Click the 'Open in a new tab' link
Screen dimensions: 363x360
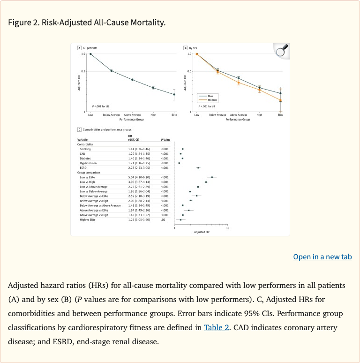[x=322, y=257]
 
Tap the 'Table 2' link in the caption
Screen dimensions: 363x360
[x=216, y=327]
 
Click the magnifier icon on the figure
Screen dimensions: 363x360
[x=281, y=51]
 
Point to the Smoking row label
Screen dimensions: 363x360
[x=85, y=149]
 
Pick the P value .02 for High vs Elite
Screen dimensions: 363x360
[x=163, y=219]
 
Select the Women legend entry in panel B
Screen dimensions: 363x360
[x=212, y=100]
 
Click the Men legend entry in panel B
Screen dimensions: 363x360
[x=210, y=96]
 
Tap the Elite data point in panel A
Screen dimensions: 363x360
[x=174, y=94]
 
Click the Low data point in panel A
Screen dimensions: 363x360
[x=90, y=54]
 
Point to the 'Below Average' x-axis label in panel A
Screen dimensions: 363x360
[x=112, y=115]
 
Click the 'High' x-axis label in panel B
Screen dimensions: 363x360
[x=259, y=115]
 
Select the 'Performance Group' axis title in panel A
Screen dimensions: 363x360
[x=132, y=120]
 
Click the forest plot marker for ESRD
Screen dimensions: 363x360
[x=198, y=167]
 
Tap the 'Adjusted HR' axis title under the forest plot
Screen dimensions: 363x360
[x=202, y=232]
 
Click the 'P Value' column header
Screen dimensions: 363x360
[x=165, y=139]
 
